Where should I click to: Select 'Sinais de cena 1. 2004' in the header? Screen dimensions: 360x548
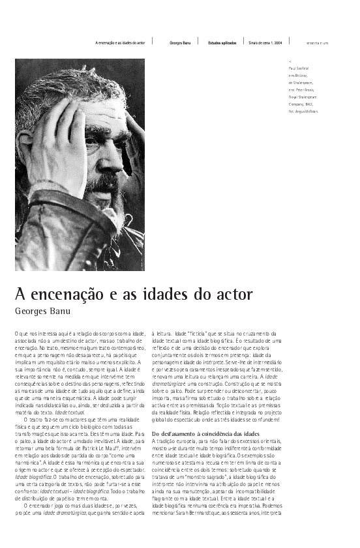point(265,43)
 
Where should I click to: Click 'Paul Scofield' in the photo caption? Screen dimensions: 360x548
point(299,68)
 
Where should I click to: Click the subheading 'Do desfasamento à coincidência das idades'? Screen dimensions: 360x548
point(205,433)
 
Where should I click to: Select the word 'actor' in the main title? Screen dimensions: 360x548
point(232,294)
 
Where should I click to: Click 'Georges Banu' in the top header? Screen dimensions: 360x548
point(180,43)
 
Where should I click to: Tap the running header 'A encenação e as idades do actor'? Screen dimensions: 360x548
point(120,43)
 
